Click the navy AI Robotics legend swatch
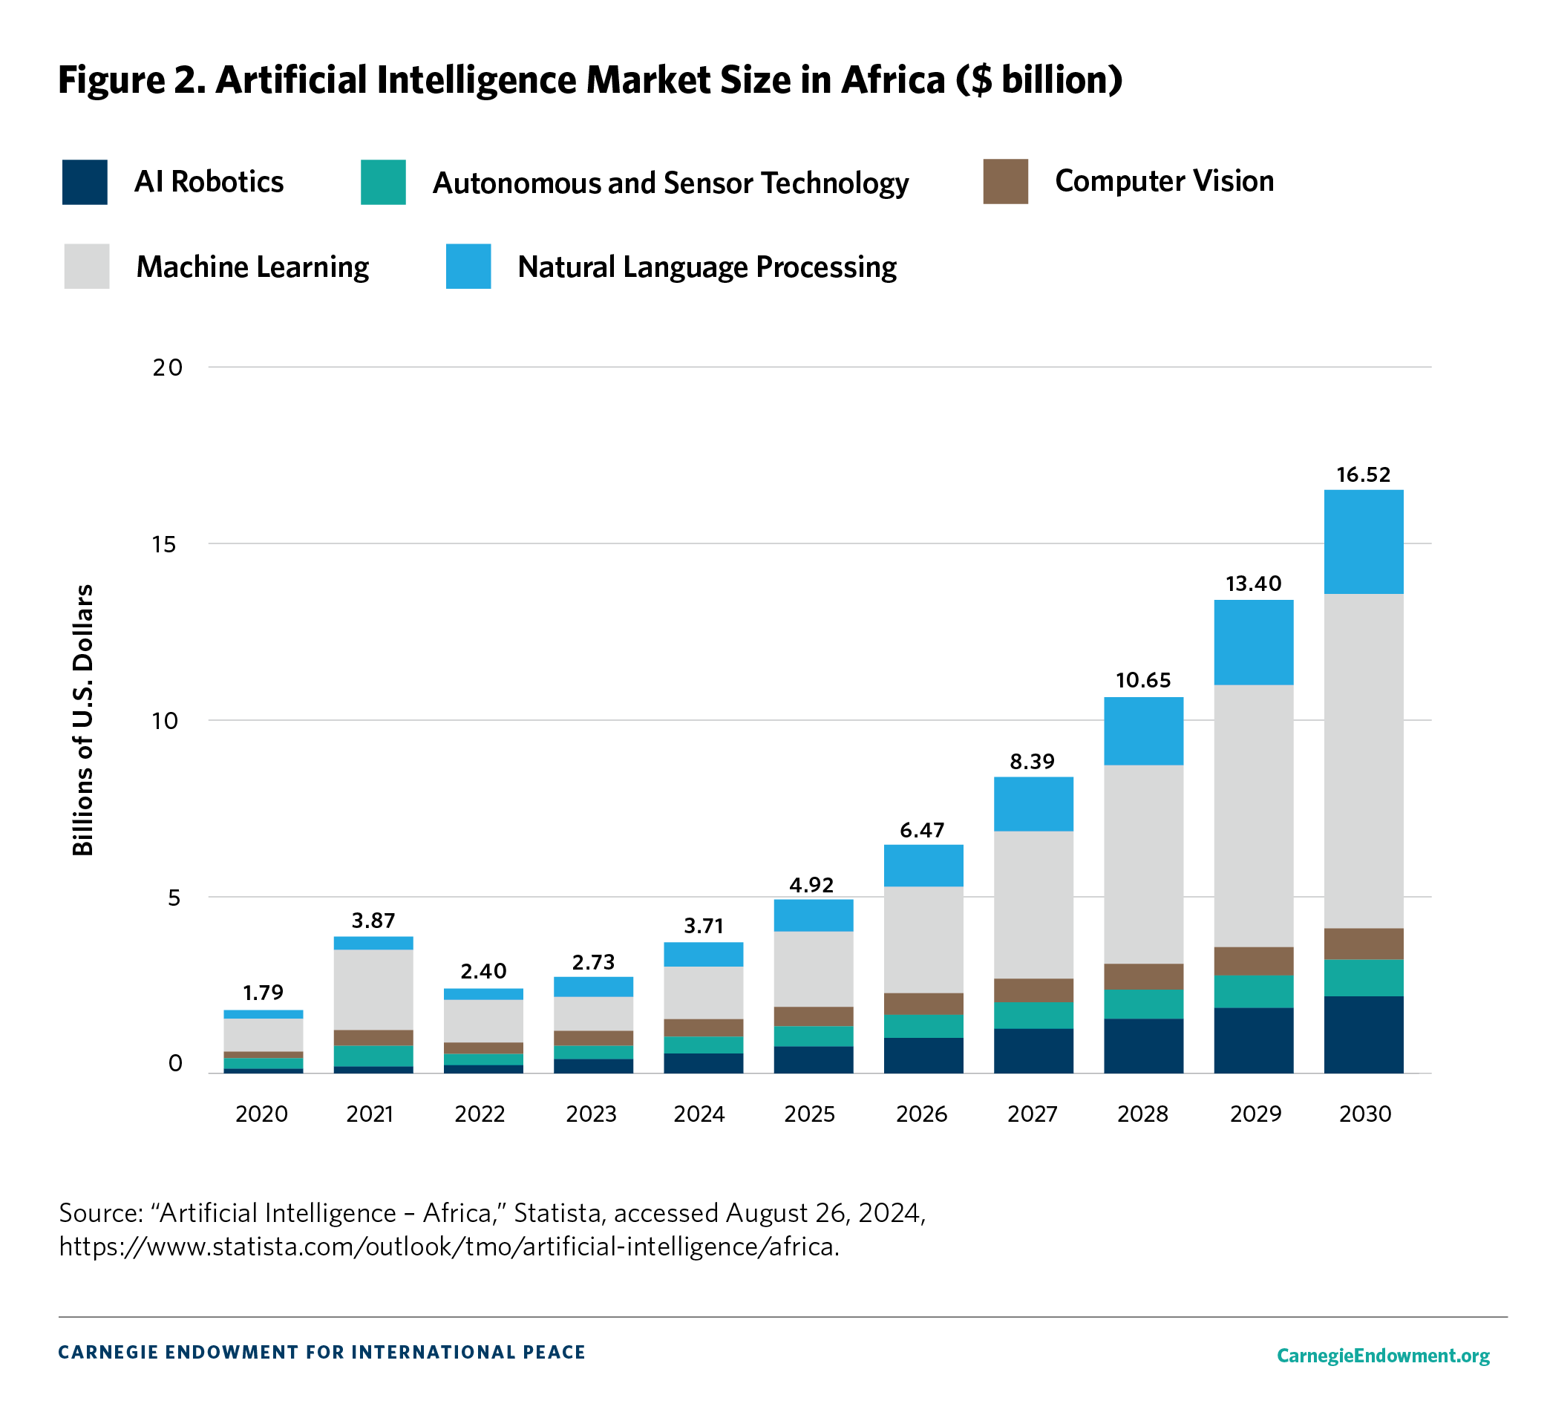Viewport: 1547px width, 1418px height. [85, 182]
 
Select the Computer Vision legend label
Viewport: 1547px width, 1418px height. [1163, 181]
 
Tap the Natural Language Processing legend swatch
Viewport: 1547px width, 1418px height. [468, 267]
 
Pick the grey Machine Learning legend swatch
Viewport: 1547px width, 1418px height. [87, 267]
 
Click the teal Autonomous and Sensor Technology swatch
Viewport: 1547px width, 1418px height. [383, 182]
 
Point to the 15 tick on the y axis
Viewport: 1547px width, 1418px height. [164, 544]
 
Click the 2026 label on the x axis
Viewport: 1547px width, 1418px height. [922, 1114]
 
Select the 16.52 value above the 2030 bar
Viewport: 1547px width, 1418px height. [1363, 474]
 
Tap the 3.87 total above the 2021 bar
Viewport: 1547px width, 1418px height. [373, 920]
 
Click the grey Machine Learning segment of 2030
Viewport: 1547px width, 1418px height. [1363, 759]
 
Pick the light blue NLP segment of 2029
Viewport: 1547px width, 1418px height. [1253, 641]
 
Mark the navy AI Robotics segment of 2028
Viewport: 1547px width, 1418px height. [1143, 1045]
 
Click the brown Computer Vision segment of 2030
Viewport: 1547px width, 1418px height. [1363, 943]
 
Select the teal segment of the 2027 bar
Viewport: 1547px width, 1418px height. [1033, 1014]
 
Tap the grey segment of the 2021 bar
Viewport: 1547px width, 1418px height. [373, 989]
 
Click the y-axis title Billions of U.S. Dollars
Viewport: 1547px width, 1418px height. [83, 719]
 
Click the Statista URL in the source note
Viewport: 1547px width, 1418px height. [449, 1246]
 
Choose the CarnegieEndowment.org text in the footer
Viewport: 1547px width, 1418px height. [1383, 1355]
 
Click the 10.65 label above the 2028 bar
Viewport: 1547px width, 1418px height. [1143, 680]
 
